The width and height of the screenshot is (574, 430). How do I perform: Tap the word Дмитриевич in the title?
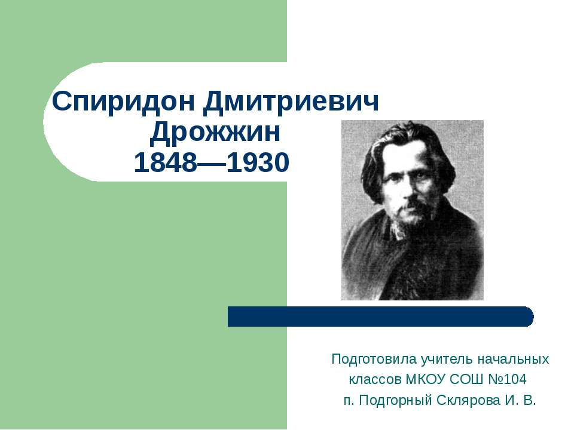pyautogui.click(x=291, y=103)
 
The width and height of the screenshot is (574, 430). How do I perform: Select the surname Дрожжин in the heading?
pyautogui.click(x=215, y=133)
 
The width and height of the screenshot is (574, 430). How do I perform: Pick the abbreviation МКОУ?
pyautogui.click(x=426, y=380)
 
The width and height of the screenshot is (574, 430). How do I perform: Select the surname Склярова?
pyautogui.click(x=469, y=400)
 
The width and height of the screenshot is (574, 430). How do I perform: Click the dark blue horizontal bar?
pyautogui.click(x=380, y=316)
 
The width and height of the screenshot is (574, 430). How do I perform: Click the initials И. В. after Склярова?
pyautogui.click(x=520, y=400)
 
